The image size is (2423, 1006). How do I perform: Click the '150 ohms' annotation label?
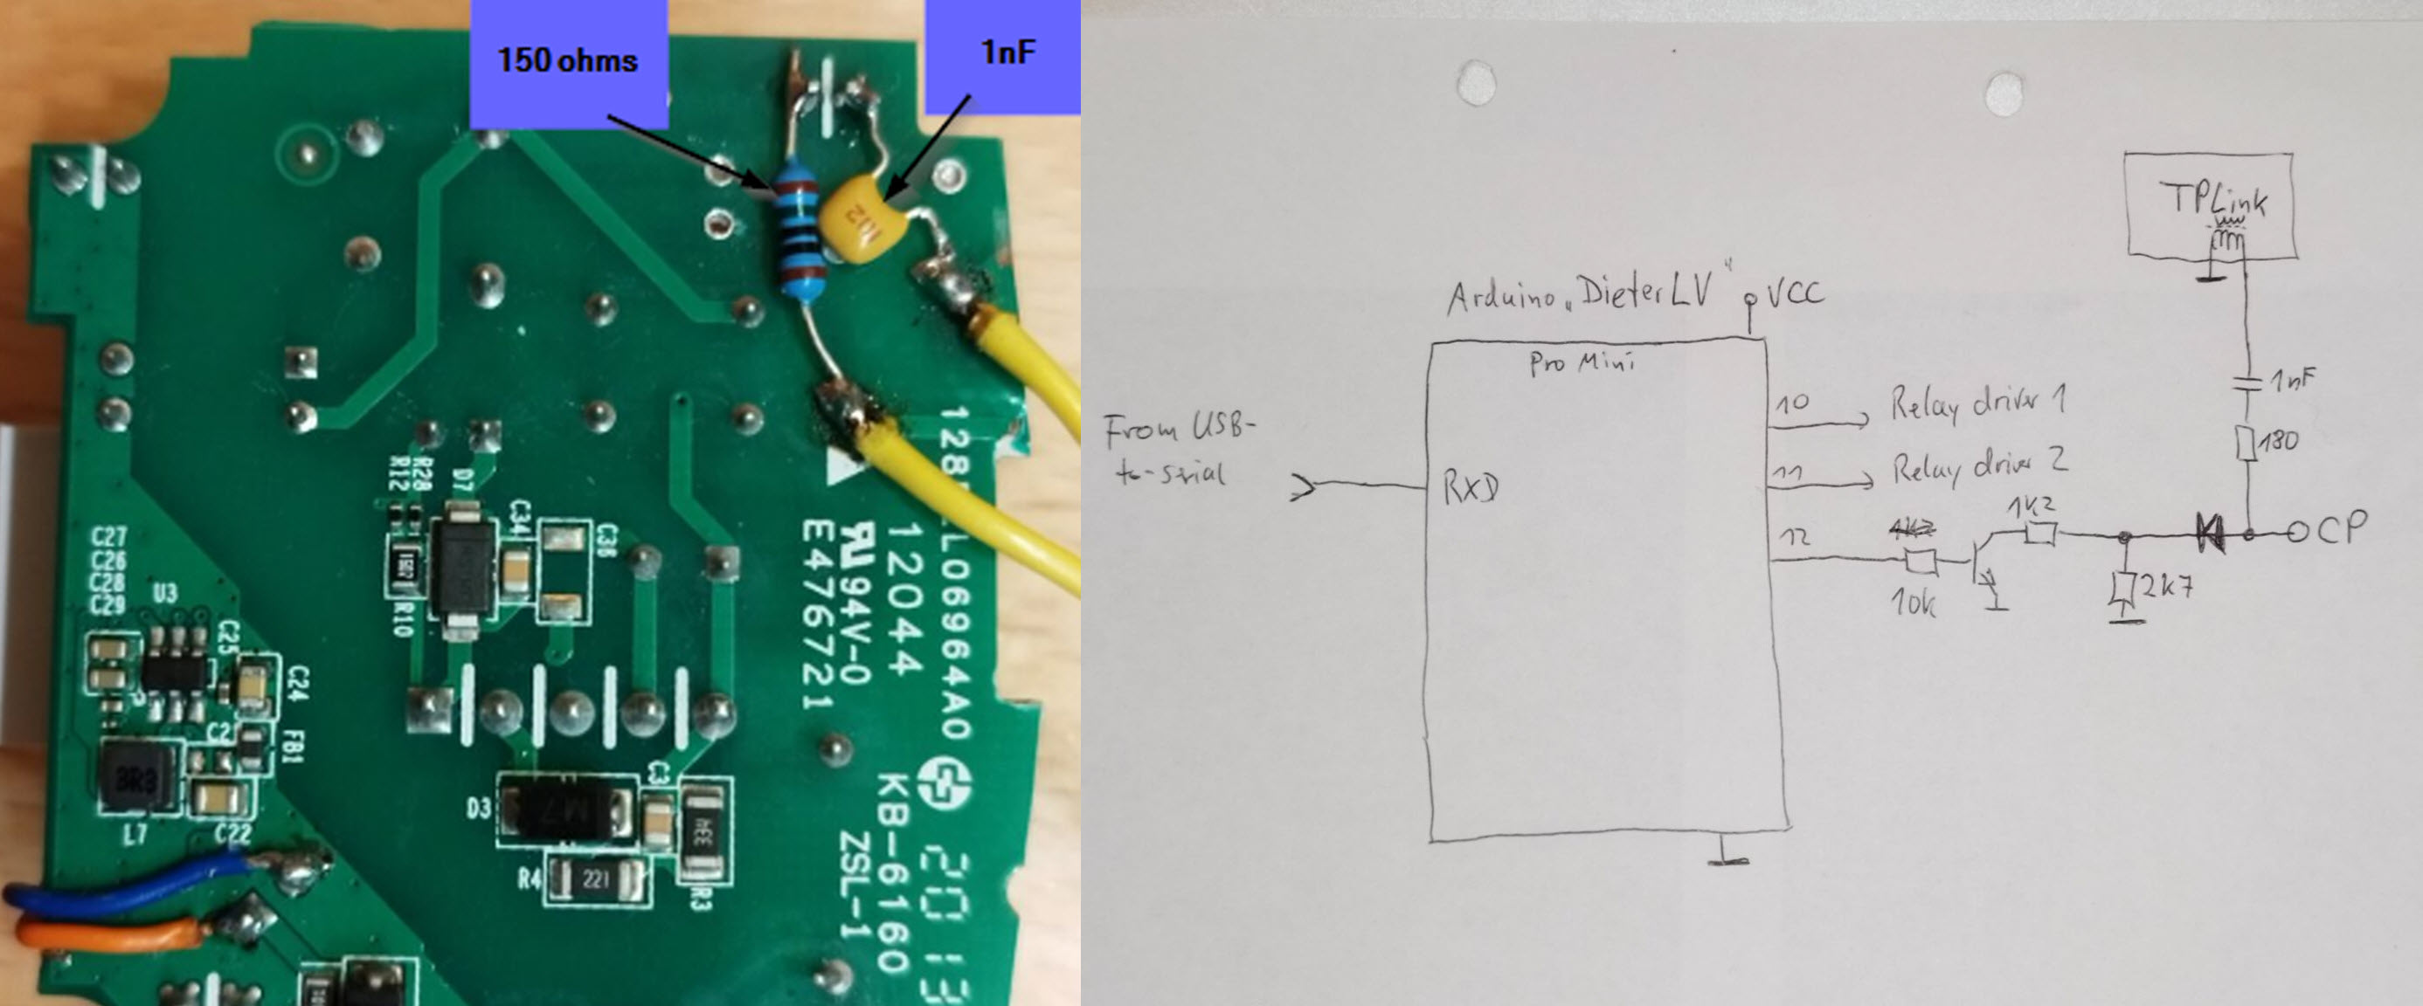[568, 60]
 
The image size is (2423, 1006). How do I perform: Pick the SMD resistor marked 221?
[595, 880]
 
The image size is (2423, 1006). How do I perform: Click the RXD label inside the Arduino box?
[1471, 488]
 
